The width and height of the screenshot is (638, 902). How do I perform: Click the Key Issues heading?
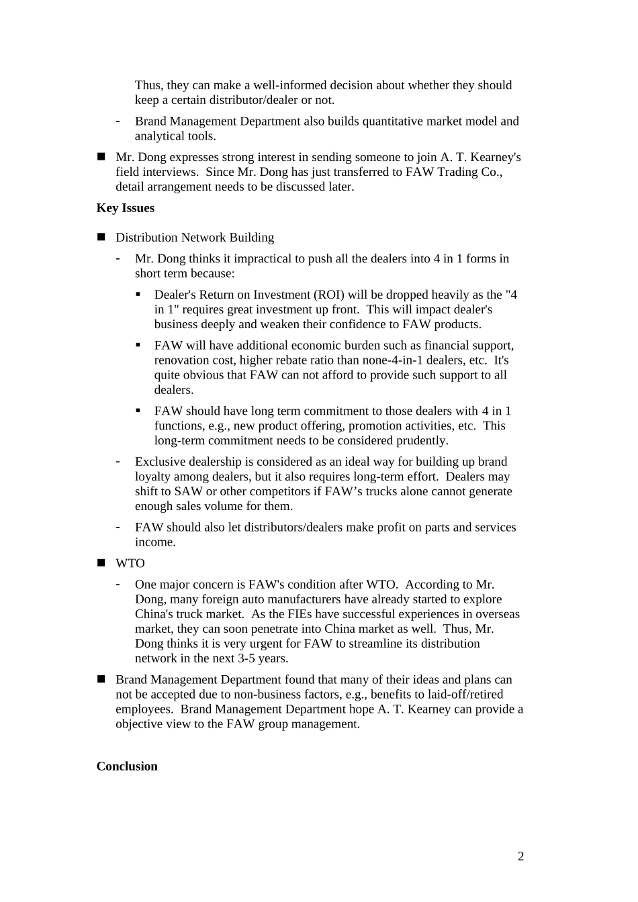[x=126, y=208]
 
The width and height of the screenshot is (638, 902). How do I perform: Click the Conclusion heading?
[x=127, y=766]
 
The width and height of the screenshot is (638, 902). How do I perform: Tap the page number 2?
[x=521, y=856]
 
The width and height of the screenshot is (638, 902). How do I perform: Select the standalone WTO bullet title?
[x=130, y=564]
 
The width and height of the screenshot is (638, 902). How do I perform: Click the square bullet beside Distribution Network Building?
[x=102, y=237]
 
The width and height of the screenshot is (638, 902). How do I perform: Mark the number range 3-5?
[x=250, y=658]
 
